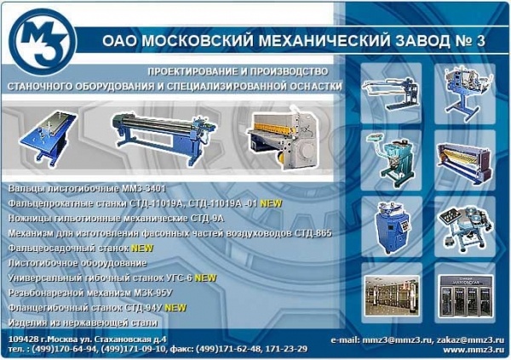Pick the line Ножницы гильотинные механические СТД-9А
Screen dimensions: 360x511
[115, 217]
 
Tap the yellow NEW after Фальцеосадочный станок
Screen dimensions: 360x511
[142, 248]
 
